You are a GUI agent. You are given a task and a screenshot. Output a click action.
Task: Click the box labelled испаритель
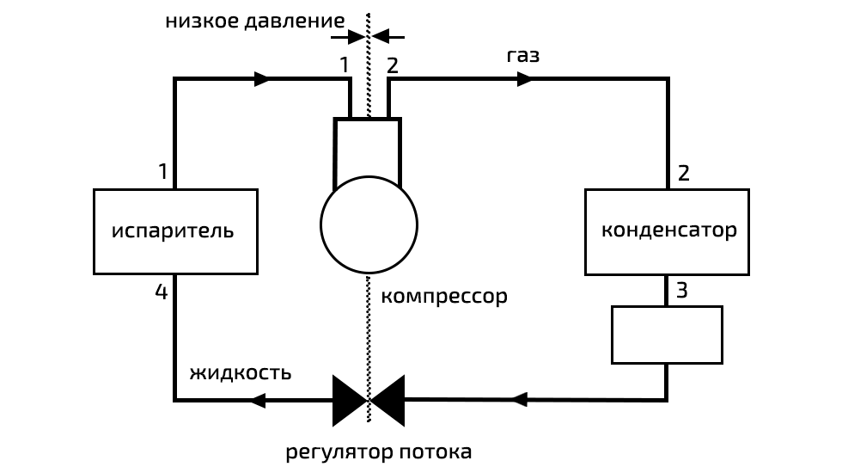(175, 231)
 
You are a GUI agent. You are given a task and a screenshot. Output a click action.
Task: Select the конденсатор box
(667, 231)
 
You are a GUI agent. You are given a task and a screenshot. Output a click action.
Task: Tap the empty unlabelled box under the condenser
(667, 335)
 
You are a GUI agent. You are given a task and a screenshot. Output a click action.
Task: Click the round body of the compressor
(369, 224)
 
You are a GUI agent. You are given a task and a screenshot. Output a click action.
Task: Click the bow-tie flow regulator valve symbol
(369, 400)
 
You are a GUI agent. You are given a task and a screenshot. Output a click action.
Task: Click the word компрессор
(443, 297)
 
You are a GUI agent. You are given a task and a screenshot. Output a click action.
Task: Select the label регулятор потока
(378, 451)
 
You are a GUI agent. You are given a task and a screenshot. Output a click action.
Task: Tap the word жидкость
(240, 372)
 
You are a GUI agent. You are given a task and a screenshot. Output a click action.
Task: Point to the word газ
(523, 56)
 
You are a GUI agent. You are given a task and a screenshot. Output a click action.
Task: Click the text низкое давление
(255, 20)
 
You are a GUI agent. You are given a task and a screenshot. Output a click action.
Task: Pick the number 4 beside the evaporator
(161, 292)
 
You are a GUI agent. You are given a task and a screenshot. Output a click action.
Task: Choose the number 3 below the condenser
(681, 290)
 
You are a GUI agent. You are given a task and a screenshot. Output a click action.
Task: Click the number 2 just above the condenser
(683, 173)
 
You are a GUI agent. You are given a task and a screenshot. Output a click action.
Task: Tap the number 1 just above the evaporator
(162, 171)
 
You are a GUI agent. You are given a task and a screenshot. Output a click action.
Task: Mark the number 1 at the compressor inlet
(345, 64)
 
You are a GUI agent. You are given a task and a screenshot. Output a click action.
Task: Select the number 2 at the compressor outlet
(393, 64)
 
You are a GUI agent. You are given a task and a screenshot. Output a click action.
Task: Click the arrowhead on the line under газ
(524, 79)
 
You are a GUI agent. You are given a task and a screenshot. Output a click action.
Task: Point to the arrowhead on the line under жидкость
(257, 400)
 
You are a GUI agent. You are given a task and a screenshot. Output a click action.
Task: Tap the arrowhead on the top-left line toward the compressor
(263, 79)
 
